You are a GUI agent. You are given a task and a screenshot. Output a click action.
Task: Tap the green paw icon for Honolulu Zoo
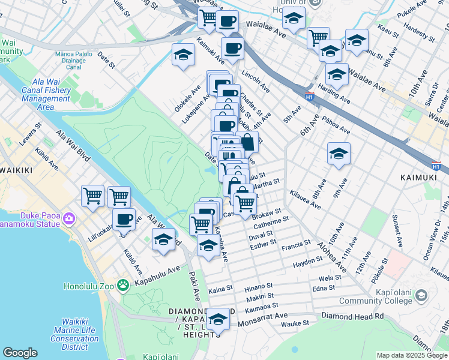tap(123, 284)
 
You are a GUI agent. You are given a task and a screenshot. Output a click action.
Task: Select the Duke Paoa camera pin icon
tap(69, 217)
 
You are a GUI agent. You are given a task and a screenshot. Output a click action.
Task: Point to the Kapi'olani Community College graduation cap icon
tap(421, 295)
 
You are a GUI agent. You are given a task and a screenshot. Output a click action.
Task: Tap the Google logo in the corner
tap(20, 353)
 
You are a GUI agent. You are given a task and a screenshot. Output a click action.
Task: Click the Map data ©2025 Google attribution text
tap(412, 355)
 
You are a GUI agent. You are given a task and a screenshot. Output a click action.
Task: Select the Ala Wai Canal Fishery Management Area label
tap(46, 94)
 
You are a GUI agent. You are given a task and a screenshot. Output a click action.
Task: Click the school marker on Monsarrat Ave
tap(218, 320)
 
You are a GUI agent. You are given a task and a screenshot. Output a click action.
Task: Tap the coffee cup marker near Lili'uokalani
tap(124, 220)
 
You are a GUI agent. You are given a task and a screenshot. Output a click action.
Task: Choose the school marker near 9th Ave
tap(339, 154)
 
